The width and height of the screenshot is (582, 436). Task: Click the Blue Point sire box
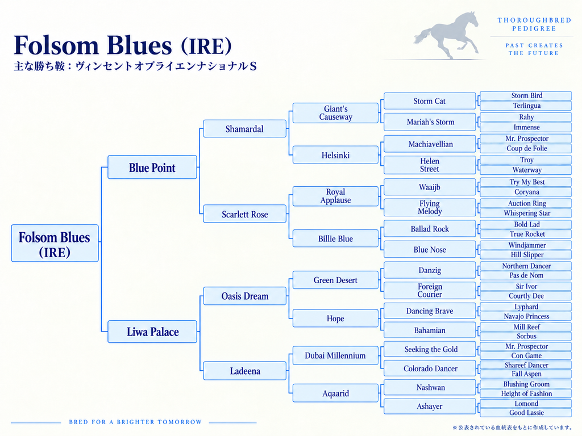coord(152,167)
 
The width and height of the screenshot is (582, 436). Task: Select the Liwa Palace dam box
coord(152,332)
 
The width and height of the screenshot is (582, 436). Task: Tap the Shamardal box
coord(244,129)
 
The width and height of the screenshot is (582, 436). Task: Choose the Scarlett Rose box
coord(244,214)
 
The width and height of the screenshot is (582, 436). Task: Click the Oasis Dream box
coord(244,296)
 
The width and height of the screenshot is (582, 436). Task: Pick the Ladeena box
coord(244,371)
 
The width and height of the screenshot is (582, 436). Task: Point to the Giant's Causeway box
coord(335,113)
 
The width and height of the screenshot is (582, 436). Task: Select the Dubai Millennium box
coord(335,355)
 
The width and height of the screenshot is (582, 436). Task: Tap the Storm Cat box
coord(430,101)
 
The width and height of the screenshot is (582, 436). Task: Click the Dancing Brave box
coord(430,311)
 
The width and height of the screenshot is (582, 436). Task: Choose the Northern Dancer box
coord(526,266)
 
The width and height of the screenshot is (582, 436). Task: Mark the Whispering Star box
coord(526,213)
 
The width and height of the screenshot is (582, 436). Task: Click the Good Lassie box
coord(526,413)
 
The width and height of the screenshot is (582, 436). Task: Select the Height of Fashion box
coord(526,394)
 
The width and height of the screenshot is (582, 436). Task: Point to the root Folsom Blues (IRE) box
coord(55,243)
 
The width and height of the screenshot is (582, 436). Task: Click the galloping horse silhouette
coord(447,36)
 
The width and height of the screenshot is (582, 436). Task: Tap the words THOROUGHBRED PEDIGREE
coord(534,24)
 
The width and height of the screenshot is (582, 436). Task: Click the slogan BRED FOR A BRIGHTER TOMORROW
coord(135,422)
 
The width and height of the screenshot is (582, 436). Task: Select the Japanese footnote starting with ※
coord(512,427)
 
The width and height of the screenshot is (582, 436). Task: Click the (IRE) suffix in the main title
coord(206,47)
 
